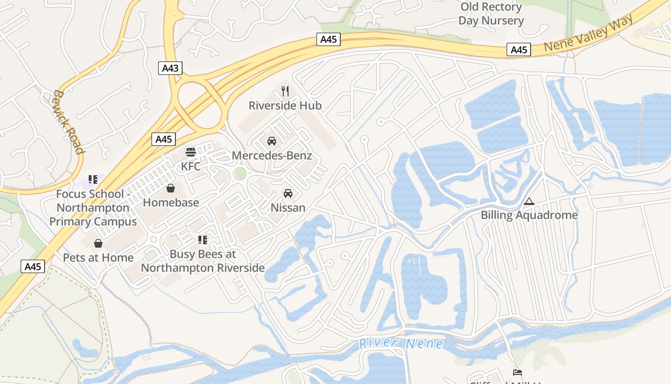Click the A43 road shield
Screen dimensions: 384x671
(170, 68)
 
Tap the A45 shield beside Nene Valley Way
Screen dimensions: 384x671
(519, 49)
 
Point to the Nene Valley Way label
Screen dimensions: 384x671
(589, 33)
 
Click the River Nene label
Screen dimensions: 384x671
(401, 344)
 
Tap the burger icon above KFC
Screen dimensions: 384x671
(191, 152)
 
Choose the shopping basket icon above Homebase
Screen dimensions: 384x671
(171, 188)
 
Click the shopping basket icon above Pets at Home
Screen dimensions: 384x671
(98, 243)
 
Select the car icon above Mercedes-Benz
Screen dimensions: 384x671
(272, 141)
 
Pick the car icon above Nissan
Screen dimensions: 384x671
(288, 193)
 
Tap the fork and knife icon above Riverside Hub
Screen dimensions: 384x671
(285, 91)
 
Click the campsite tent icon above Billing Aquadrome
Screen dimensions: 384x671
(529, 201)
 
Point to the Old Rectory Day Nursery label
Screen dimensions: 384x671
(491, 14)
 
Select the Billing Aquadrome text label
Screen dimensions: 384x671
(529, 215)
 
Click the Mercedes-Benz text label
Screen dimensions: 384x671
(272, 156)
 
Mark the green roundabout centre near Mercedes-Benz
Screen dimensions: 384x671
(240, 174)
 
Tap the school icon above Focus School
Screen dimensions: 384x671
(93, 180)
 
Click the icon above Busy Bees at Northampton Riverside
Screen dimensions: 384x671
(203, 240)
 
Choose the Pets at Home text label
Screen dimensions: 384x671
(98, 258)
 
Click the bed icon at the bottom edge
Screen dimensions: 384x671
(517, 372)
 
